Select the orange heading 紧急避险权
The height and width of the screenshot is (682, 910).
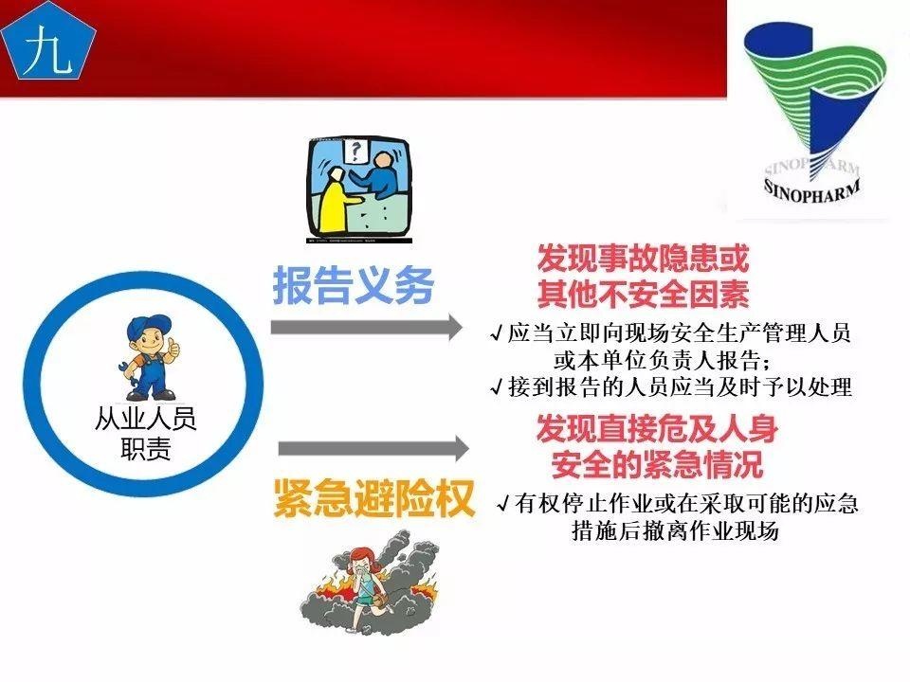point(373,499)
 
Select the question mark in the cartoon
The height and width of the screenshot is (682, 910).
point(356,150)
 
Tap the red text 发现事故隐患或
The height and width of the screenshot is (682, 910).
point(643,258)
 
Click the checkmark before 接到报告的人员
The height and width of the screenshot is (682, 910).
point(497,386)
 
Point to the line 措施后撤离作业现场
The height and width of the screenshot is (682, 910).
point(674,531)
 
